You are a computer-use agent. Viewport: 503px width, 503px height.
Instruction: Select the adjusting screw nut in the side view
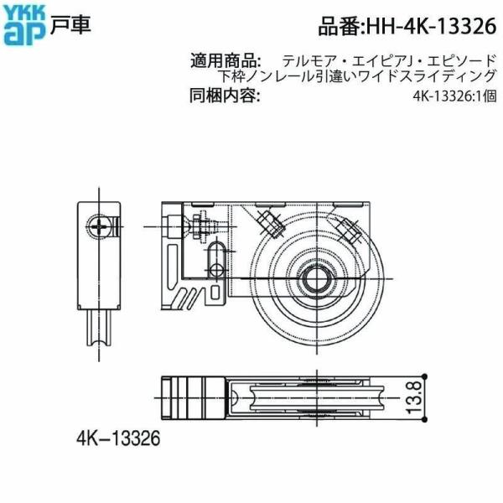point(202,225)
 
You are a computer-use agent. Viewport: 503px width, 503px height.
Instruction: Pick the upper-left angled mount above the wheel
point(271,222)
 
